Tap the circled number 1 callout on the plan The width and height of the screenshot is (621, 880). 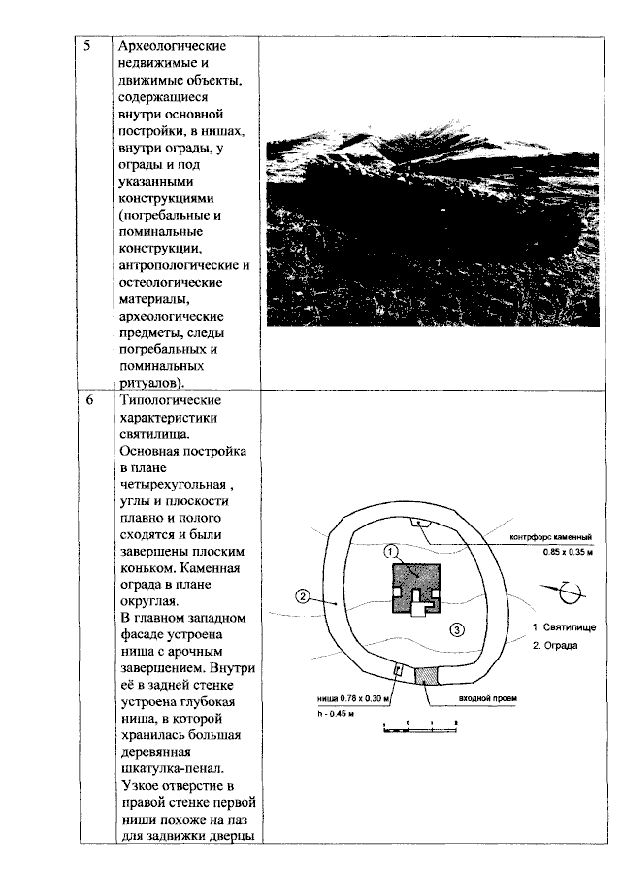point(390,551)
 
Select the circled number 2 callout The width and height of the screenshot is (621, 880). point(302,597)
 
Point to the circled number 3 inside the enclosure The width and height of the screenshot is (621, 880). point(457,629)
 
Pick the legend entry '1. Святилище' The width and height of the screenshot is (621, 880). point(564,626)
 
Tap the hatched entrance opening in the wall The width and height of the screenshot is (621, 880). point(427,674)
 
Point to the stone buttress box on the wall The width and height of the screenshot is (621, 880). point(421,522)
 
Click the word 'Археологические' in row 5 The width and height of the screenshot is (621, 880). point(172,46)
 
